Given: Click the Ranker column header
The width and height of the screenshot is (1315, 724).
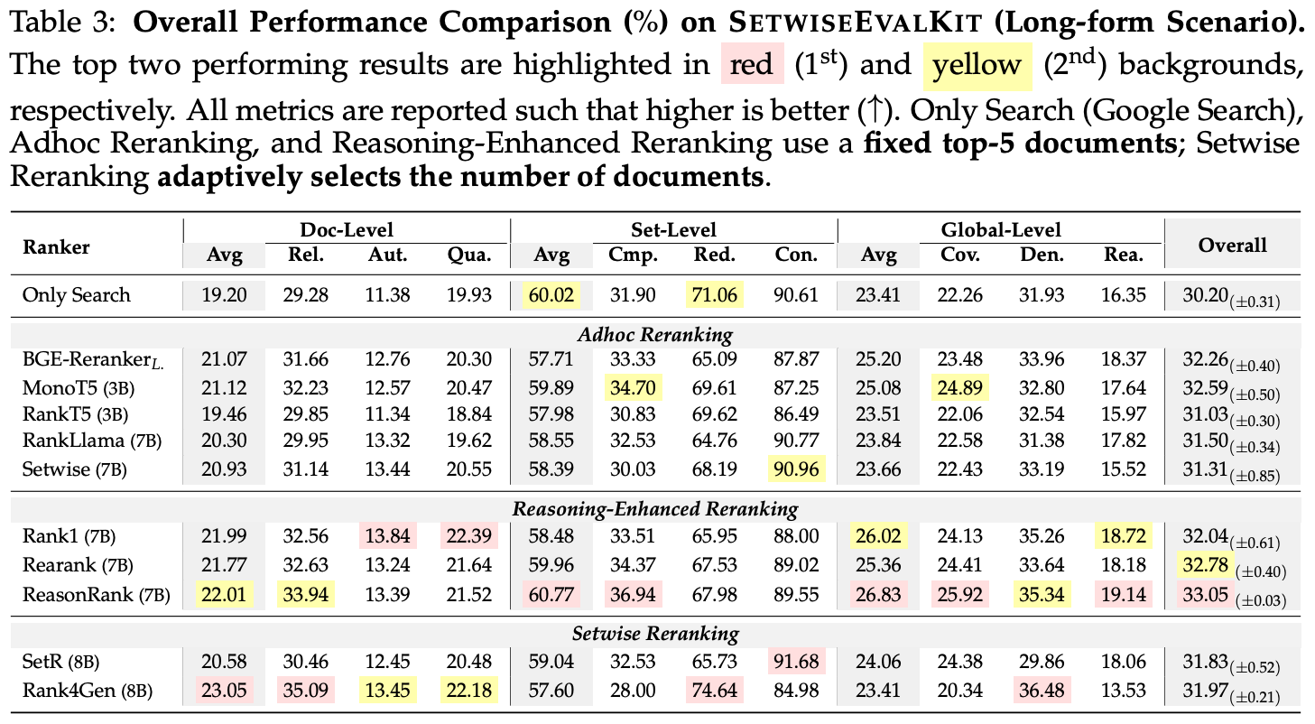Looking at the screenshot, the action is click(56, 247).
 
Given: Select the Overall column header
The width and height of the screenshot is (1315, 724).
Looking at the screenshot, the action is click(1232, 245).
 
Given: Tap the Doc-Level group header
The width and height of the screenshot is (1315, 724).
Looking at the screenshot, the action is click(347, 229).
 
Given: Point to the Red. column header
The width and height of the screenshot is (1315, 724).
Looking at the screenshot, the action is click(715, 255).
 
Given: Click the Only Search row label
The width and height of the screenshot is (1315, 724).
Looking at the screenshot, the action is click(77, 295).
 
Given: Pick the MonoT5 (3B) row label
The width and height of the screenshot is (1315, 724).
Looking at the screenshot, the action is click(79, 388).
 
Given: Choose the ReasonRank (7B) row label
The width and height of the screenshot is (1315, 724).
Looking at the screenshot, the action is click(97, 595).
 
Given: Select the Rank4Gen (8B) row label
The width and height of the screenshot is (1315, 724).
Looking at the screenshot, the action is click(87, 691).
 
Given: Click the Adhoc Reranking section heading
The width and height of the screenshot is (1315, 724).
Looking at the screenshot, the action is click(655, 335).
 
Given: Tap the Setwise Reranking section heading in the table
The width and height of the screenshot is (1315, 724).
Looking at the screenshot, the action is click(655, 634).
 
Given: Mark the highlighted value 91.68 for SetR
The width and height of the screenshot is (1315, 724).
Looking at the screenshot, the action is click(796, 661).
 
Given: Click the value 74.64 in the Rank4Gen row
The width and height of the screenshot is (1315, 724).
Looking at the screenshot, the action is click(715, 690).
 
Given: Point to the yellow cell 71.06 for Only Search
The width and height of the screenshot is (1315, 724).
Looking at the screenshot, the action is click(715, 295).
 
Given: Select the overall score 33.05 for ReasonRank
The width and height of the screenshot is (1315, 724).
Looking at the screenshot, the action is click(1205, 594).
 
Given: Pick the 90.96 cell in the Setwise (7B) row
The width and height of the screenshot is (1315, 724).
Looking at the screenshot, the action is click(796, 469).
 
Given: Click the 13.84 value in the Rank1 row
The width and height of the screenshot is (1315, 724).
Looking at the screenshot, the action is click(387, 535).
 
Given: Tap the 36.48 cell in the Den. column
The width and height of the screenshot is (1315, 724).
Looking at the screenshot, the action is click(1042, 690).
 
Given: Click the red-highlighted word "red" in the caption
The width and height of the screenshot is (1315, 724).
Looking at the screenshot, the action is click(752, 64).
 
